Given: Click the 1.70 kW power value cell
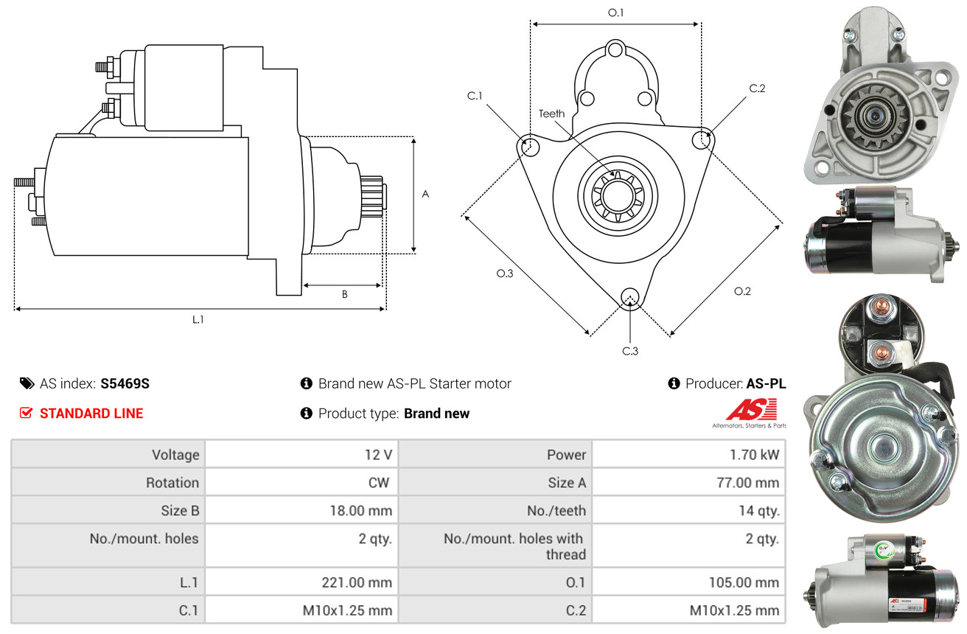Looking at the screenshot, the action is coord(754,454).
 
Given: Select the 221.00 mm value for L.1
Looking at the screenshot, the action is coord(357,582).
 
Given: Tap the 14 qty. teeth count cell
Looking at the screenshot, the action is coord(759,511).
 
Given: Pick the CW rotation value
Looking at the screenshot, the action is coord(379,482).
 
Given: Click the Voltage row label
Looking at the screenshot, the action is coord(175,455).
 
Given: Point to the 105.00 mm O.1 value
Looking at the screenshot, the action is coord(744,582).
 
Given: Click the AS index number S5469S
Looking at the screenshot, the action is coord(125,383).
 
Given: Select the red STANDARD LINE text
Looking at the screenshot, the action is coord(91,414).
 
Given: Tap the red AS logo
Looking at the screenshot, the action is coord(752,409).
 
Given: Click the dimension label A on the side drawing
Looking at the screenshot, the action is coord(425,195).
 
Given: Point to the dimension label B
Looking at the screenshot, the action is coord(344,294).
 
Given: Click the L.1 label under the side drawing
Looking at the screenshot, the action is coord(198,320).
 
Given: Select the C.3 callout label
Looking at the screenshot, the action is coord(630,351).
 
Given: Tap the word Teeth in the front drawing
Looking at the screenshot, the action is coord(552,114).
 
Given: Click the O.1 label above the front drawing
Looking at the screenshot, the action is coord(616,13).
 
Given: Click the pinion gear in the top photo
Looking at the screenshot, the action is coord(876,116).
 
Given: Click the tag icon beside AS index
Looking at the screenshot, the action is coord(27,383).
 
